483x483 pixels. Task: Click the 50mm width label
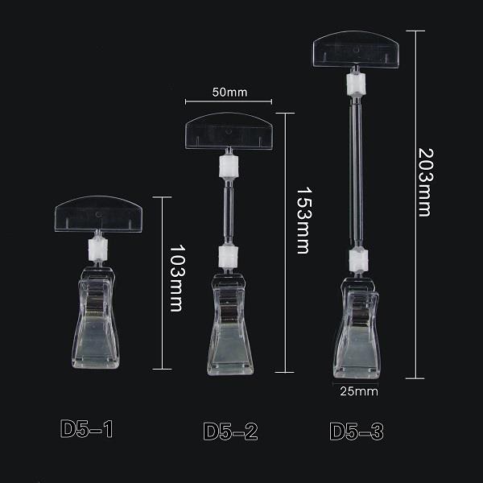[x=229, y=92]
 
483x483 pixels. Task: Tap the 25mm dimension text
[x=359, y=391]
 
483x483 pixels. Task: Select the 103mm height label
[x=178, y=279]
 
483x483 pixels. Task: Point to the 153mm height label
[x=304, y=220]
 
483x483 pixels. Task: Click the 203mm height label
[x=426, y=183]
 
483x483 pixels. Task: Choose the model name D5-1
[x=87, y=428]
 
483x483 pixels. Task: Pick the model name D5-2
[x=230, y=431]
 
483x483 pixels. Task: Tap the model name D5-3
[x=357, y=431]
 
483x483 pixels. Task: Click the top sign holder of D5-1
[x=98, y=214]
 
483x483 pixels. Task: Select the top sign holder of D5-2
[x=229, y=131]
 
